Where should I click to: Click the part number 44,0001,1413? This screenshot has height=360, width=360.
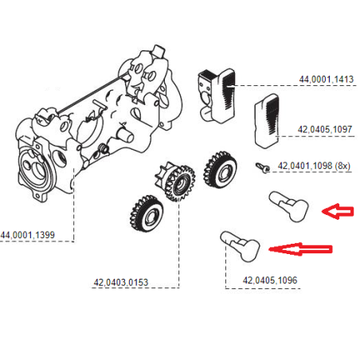(326, 80)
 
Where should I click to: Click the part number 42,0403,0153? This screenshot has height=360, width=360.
(120, 281)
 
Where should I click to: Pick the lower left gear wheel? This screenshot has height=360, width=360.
(146, 213)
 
